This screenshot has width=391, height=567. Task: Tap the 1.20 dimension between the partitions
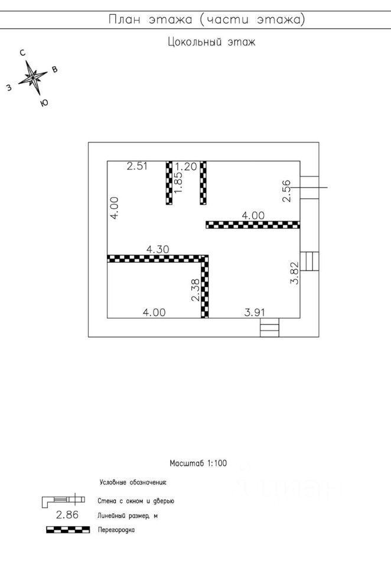pos(186,166)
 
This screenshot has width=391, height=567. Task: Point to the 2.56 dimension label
pos(286,191)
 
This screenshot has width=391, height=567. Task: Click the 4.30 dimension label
pos(158,249)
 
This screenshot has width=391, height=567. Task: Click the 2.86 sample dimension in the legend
pos(67,516)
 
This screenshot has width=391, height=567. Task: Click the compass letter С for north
pos(22,53)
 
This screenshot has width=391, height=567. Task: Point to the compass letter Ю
pos(44,103)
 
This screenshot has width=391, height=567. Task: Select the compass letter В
pos(55,70)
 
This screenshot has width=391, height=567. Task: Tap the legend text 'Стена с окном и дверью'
pos(136,501)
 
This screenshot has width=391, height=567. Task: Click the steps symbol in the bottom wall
pos(269,327)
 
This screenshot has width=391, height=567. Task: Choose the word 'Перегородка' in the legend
pos(116,530)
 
